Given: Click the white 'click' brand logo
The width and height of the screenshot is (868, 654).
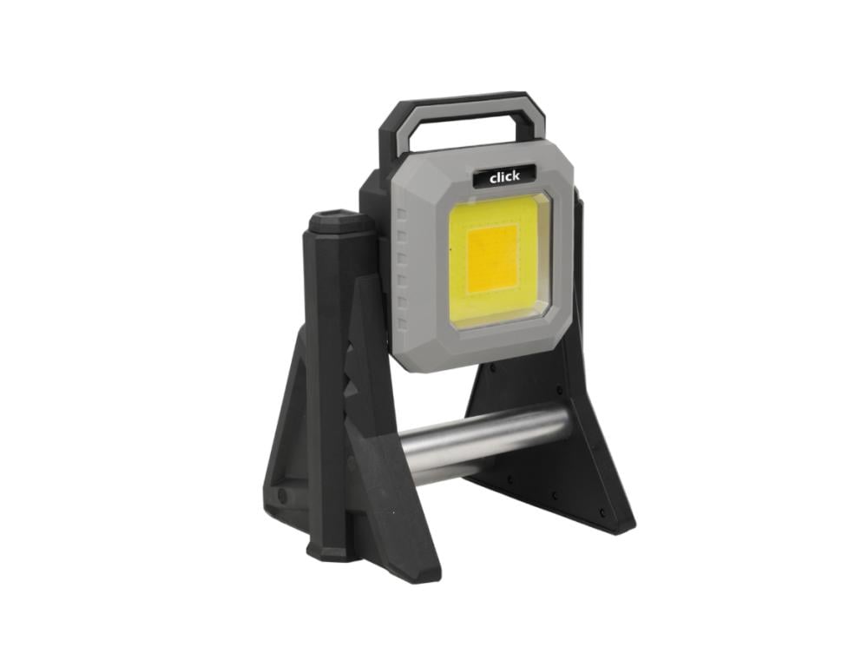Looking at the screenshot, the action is [504, 176].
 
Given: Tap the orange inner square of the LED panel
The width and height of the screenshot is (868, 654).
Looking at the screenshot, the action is [492, 259].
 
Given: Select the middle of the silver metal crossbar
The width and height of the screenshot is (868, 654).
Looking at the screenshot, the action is [484, 443].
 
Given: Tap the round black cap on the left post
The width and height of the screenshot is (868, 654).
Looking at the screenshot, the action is [334, 220].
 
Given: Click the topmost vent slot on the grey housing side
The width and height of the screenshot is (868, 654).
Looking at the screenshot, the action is [403, 214].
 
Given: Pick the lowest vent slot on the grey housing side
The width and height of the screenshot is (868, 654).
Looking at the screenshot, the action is [403, 323].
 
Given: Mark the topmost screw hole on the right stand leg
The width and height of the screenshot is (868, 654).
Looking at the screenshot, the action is [493, 366].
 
